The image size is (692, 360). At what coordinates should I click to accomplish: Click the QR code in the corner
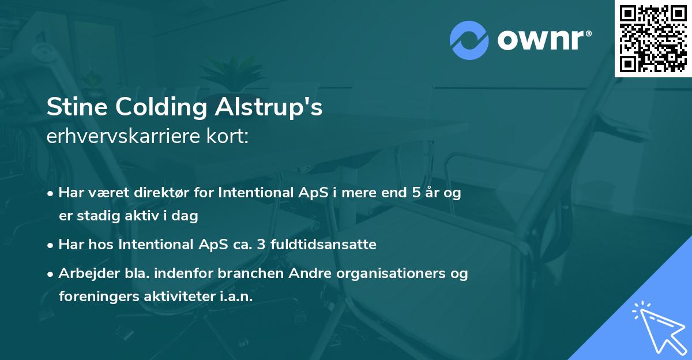click(653, 38)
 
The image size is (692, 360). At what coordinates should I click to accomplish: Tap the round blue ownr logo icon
click(469, 40)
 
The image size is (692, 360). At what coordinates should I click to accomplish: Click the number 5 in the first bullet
click(416, 193)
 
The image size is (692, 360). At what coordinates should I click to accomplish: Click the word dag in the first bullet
click(186, 216)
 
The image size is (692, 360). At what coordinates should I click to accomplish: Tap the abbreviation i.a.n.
click(235, 296)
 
